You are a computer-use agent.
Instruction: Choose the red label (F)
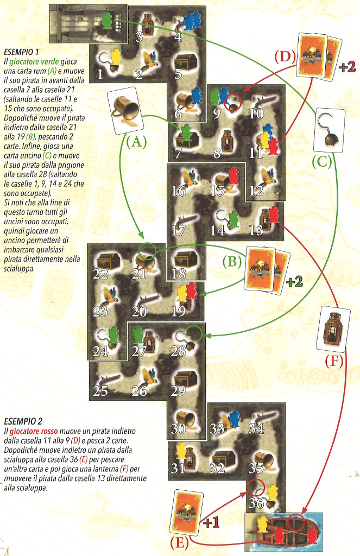coord(331,360)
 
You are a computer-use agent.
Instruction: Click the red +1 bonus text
coord(212,523)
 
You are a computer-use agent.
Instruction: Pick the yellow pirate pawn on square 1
coord(115,56)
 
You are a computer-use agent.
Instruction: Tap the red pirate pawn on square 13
coord(274,213)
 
